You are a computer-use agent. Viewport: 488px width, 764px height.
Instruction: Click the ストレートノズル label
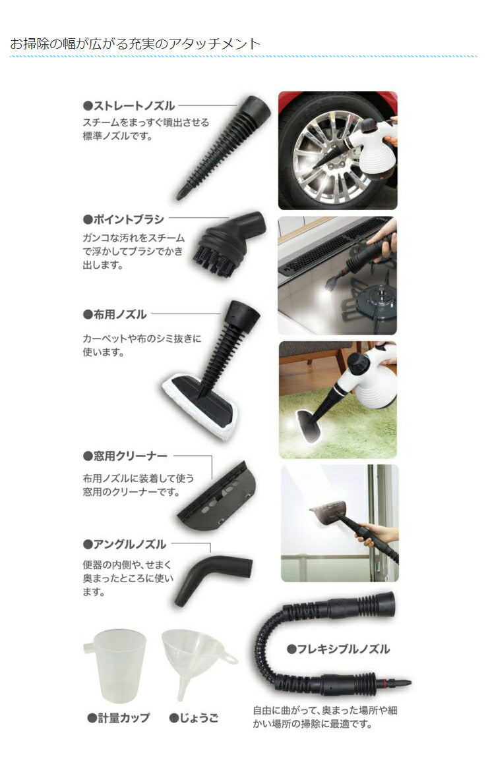coord(129,105)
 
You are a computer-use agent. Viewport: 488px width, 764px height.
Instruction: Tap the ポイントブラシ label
coord(123,219)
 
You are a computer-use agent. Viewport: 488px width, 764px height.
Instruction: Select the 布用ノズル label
coord(115,315)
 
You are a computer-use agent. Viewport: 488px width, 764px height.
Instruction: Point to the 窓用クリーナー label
coord(125,456)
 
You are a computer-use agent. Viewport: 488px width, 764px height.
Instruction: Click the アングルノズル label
coord(125,545)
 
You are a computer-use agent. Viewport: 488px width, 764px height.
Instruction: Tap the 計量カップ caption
coord(119,718)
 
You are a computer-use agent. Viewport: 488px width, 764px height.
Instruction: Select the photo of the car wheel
coord(338,150)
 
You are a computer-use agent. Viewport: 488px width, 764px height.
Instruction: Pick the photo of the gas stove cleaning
coord(338,275)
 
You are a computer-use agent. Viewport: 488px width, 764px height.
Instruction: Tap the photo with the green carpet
coord(338,399)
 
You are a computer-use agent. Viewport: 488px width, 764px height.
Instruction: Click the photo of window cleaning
coord(340,523)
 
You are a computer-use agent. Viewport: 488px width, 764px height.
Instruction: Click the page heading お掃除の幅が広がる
coord(135,44)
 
